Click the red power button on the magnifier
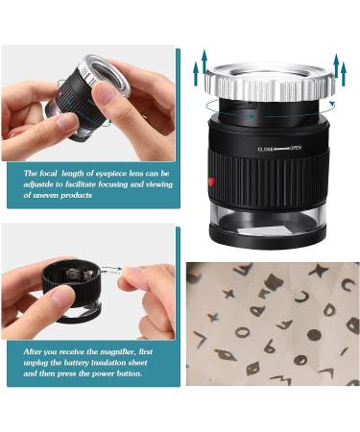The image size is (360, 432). point(211,182)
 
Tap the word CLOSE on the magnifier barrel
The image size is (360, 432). point(268,150)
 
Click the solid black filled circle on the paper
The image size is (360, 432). point(314,336)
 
